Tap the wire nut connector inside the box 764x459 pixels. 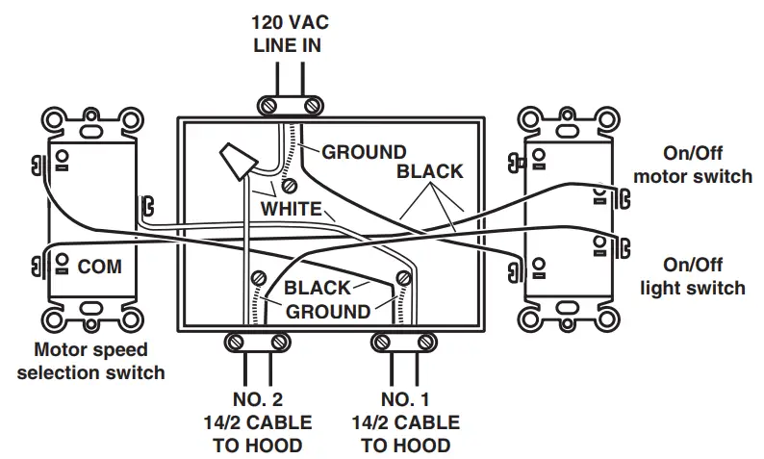pos(237,161)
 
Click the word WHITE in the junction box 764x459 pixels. pos(291,209)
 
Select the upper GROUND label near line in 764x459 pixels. pos(363,152)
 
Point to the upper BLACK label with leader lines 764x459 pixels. pos(430,172)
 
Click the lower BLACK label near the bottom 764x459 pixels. pos(317,288)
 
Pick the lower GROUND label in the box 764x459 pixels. pos(327,312)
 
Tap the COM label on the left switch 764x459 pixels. pos(100,267)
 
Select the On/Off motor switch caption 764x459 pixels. pos(706,165)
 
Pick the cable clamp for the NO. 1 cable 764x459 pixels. pos(404,341)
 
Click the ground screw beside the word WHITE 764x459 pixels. pos(289,186)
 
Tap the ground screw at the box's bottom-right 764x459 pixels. pos(403,279)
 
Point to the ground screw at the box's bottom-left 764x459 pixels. pos(258,279)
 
